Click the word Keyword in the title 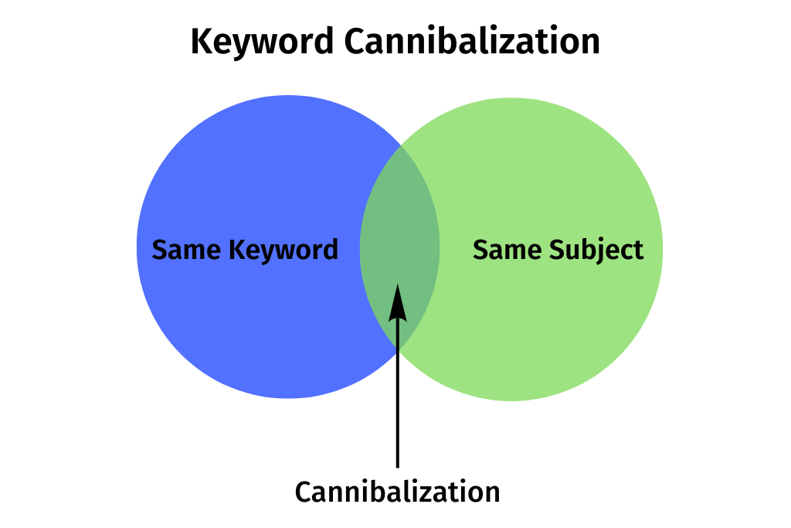pos(263,42)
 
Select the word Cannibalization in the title pos(472,42)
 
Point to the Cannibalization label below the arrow pos(397,492)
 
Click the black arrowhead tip pos(397,287)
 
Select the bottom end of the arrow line pos(397,466)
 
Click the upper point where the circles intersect pos(400,145)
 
